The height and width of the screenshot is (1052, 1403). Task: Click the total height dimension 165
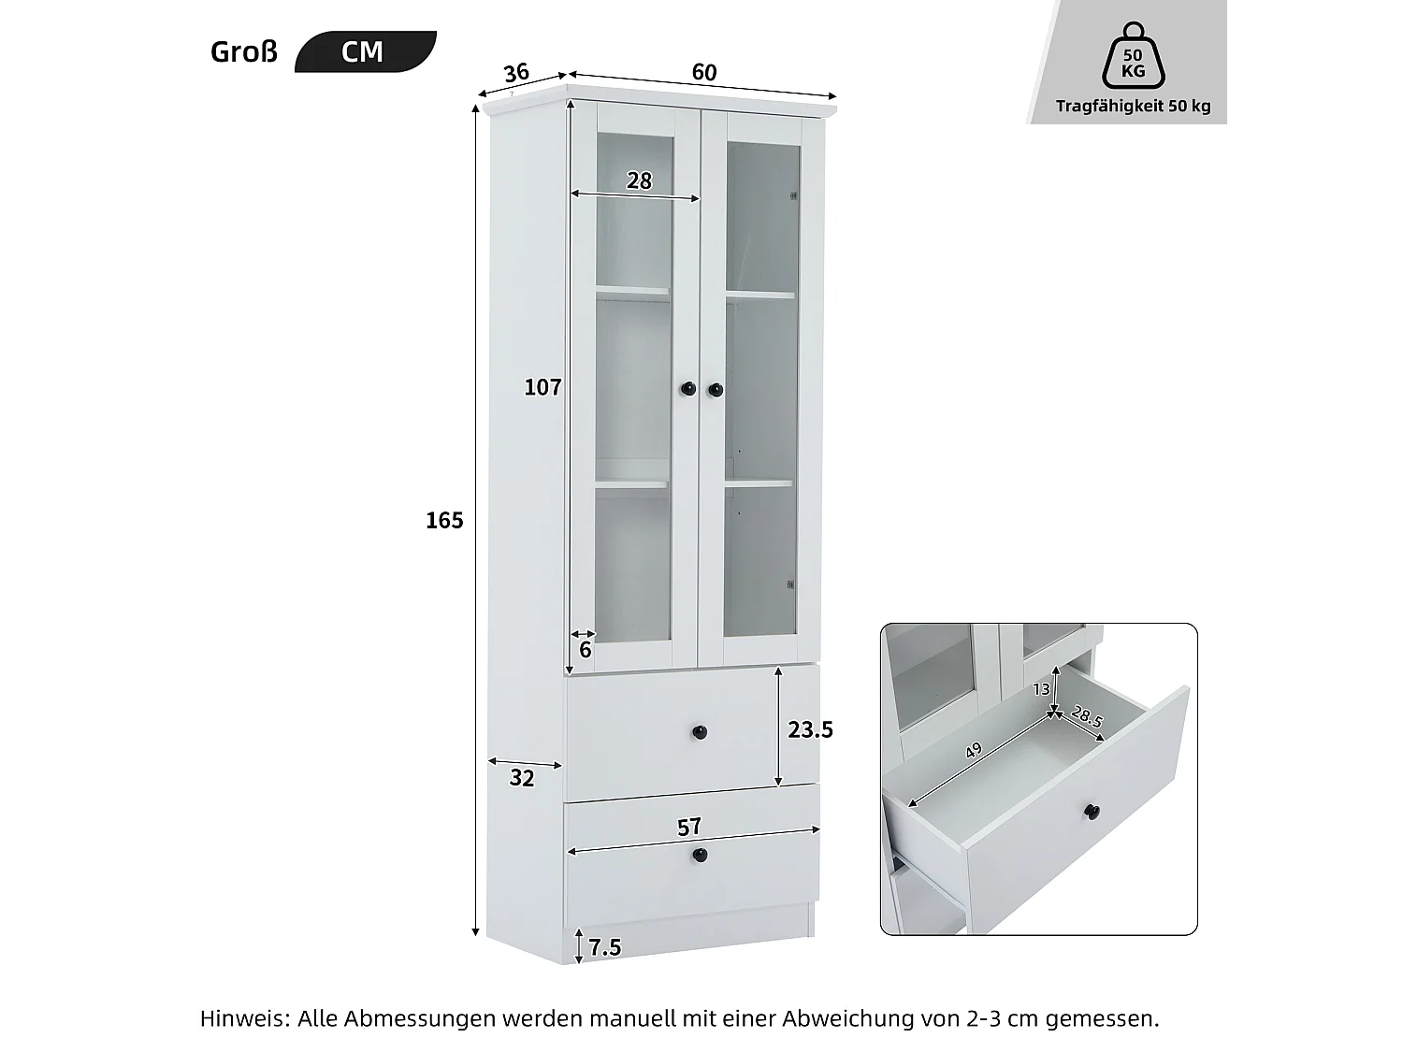pyautogui.click(x=444, y=520)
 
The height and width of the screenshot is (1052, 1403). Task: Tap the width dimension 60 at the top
pyautogui.click(x=704, y=72)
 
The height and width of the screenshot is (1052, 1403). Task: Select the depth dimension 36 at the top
pyautogui.click(x=516, y=72)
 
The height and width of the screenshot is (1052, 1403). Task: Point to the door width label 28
pyautogui.click(x=639, y=180)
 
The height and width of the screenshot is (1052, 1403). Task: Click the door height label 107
pyautogui.click(x=542, y=386)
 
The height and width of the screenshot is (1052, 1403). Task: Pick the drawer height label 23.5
pyautogui.click(x=810, y=729)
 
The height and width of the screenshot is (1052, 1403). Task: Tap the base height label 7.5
pyautogui.click(x=605, y=947)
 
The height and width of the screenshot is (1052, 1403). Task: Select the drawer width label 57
pyautogui.click(x=689, y=827)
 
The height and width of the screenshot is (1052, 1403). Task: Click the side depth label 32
pyautogui.click(x=522, y=778)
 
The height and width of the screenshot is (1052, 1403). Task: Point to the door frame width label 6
pyautogui.click(x=586, y=649)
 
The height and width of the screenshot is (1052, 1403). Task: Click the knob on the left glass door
pyautogui.click(x=687, y=388)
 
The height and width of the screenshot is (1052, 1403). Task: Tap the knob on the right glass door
pyautogui.click(x=716, y=388)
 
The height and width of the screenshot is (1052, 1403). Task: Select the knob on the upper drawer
pyautogui.click(x=700, y=732)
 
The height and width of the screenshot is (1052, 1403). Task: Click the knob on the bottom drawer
pyautogui.click(x=700, y=855)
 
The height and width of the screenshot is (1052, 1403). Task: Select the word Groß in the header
pyautogui.click(x=244, y=51)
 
